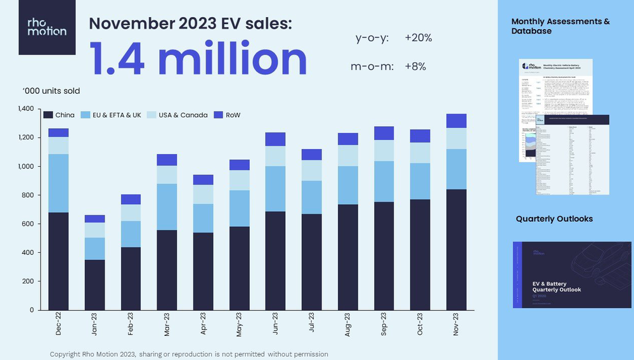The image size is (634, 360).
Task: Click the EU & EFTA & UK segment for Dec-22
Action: pyautogui.click(x=58, y=183)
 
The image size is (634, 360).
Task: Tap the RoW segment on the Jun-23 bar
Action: pyautogui.click(x=275, y=139)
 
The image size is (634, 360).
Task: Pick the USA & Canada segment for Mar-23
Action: pyautogui.click(x=167, y=175)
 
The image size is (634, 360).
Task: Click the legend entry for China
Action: pyautogui.click(x=59, y=115)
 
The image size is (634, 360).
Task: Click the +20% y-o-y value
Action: pyautogui.click(x=418, y=38)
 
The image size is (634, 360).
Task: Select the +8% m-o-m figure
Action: pyautogui.click(x=415, y=67)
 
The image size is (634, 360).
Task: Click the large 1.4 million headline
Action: pyautogui.click(x=198, y=58)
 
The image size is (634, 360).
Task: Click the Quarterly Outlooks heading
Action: pyautogui.click(x=554, y=219)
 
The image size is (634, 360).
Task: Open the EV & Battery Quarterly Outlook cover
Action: pyautogui.click(x=572, y=274)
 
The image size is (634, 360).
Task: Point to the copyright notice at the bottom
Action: pyautogui.click(x=189, y=354)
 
